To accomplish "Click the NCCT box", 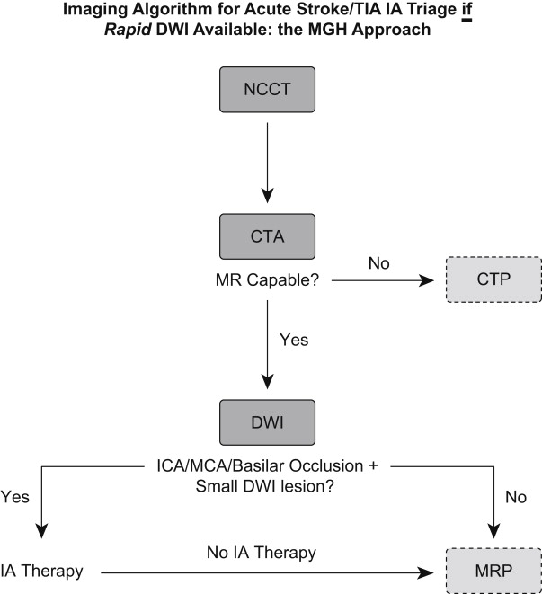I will coord(267,91).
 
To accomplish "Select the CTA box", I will coord(267,236).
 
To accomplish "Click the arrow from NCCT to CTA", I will coord(267,157).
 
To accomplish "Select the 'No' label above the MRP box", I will coord(516,495).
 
